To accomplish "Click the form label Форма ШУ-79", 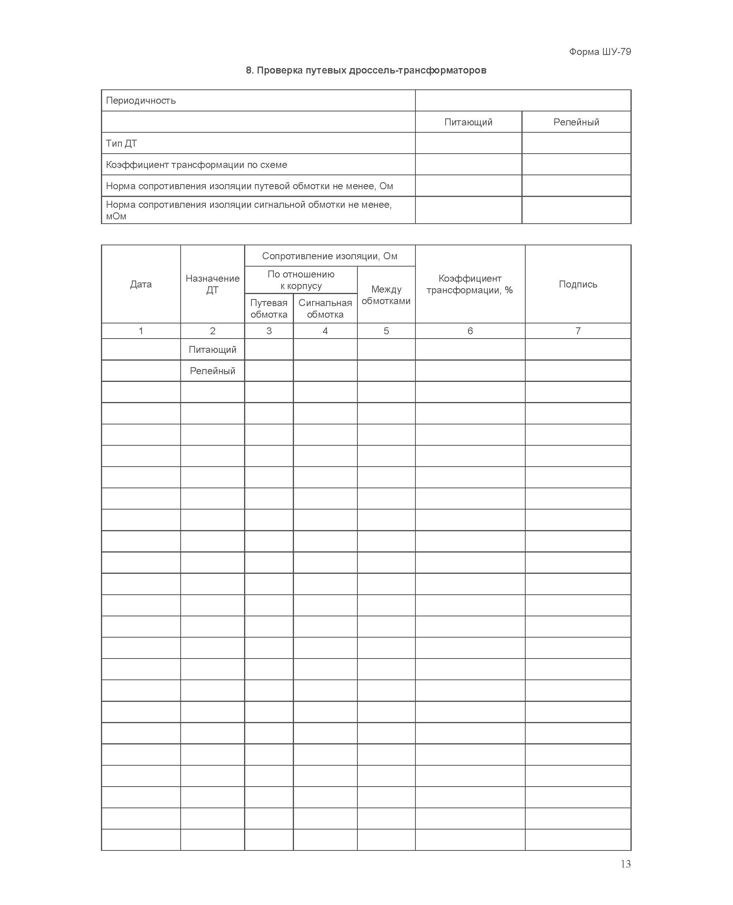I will tap(600, 52).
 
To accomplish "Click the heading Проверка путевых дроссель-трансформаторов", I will tap(366, 70).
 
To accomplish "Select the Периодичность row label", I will tap(140, 101).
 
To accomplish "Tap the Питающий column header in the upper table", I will tap(468, 122).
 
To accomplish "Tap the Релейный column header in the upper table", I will tap(576, 122).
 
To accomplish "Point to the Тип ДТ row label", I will tap(121, 144).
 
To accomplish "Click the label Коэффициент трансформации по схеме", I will tap(196, 165).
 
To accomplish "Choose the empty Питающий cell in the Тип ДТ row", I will tap(468, 144).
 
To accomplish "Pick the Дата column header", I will tap(140, 284).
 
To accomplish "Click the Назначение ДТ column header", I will tap(212, 284).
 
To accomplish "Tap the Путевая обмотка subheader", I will tap(268, 308).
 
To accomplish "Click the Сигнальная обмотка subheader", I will tap(325, 308).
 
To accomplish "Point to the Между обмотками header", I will tap(386, 295).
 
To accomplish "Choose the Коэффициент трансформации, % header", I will tap(470, 284).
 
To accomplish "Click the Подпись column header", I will tap(578, 284).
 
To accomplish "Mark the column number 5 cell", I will tap(386, 331).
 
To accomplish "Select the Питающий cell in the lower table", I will tap(212, 350).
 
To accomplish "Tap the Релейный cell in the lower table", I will tap(212, 371).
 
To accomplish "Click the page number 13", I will tap(625, 864).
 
